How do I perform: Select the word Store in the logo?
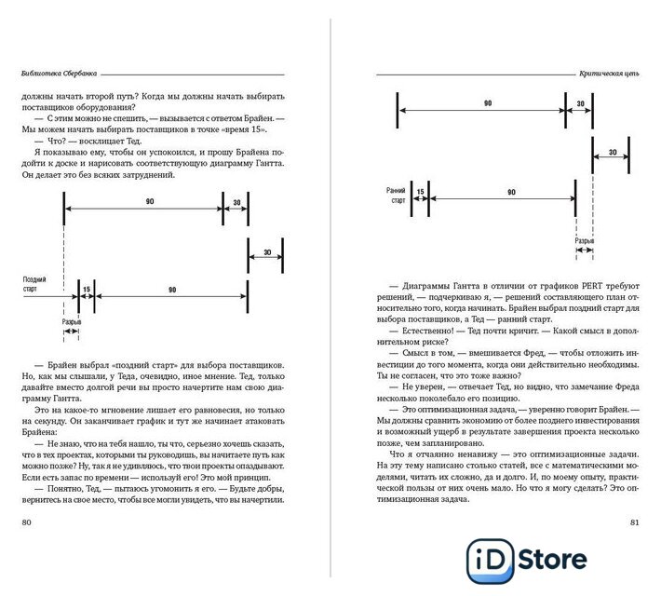pyautogui.click(x=550, y=559)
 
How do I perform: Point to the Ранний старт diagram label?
pyautogui.click(x=397, y=195)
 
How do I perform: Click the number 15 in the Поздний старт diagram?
pyautogui.click(x=87, y=290)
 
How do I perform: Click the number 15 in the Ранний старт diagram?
pyautogui.click(x=420, y=192)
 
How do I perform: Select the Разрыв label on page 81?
pyautogui.click(x=584, y=240)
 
